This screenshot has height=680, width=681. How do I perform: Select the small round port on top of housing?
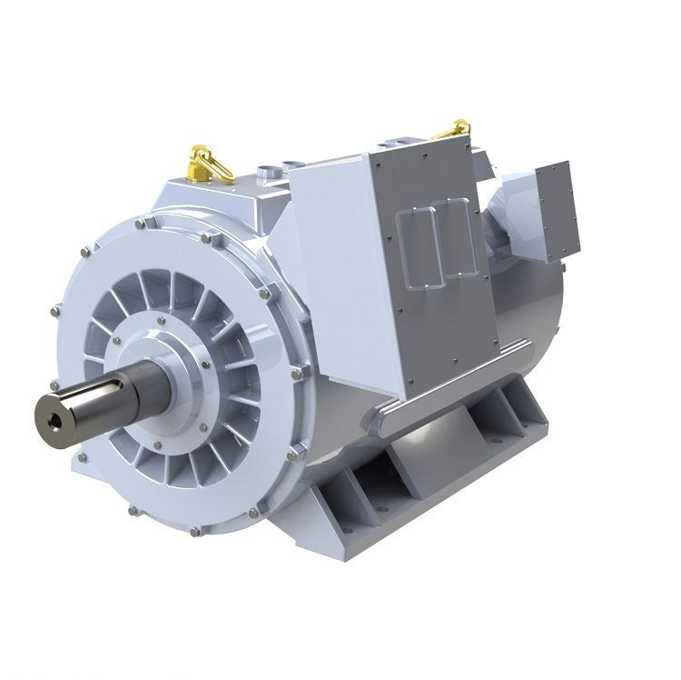pos(269,171)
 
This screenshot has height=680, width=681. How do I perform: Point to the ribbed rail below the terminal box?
pos(454,377)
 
